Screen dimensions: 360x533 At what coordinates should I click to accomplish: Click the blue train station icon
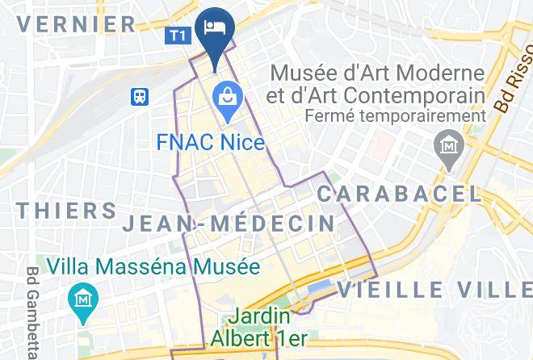coord(140,97)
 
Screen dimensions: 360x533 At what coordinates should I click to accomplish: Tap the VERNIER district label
coord(77,23)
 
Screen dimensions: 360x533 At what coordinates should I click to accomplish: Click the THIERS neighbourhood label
coord(67,211)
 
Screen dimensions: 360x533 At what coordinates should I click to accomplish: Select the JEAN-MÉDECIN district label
coord(229,224)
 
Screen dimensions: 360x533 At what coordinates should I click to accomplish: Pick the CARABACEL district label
coord(398,194)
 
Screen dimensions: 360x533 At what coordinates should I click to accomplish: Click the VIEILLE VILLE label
coord(435,288)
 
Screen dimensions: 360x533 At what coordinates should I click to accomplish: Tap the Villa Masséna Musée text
coord(153,266)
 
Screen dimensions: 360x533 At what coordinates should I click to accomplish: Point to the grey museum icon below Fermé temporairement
coord(446,147)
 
